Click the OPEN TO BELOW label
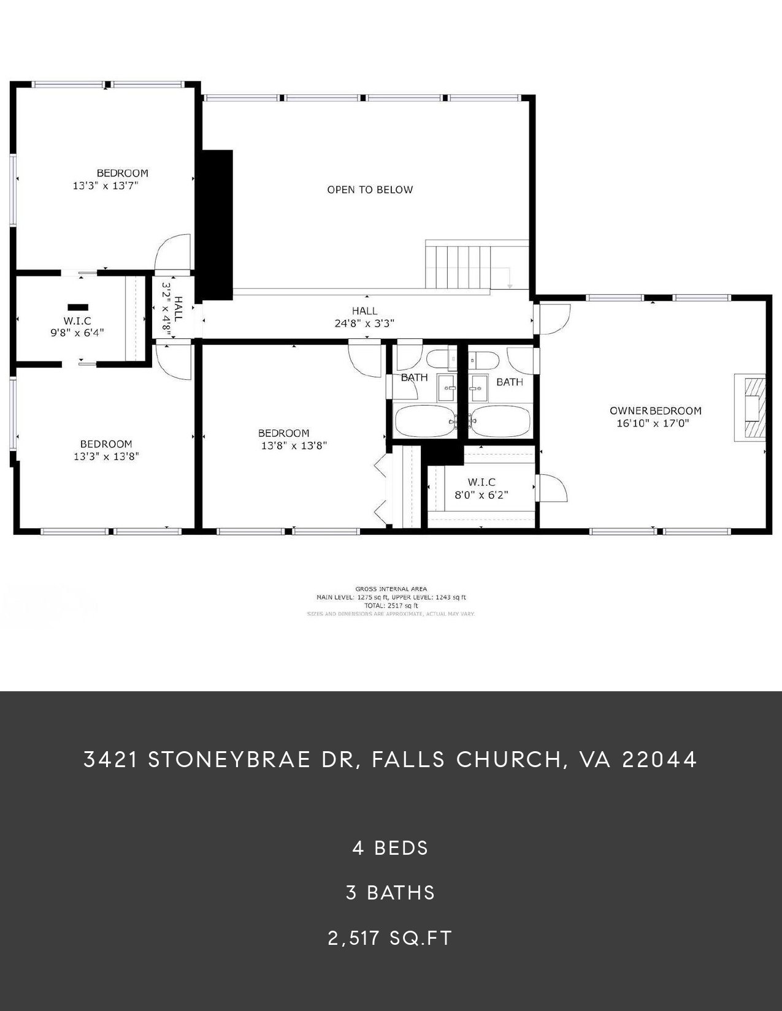[370, 190]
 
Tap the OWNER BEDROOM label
[655, 411]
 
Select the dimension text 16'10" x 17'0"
[653, 423]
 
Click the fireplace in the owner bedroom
[751, 407]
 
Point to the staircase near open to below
[459, 267]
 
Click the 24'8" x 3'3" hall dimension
[365, 324]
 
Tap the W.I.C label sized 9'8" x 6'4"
[77, 321]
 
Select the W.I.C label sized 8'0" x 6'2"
[481, 482]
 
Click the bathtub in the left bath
[425, 421]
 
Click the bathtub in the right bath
[502, 421]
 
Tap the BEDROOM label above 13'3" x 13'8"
[106, 444]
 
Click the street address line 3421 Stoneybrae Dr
[391, 760]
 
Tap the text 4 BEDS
[391, 848]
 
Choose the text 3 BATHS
[391, 893]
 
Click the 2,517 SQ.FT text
[391, 938]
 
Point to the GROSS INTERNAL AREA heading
[391, 589]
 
